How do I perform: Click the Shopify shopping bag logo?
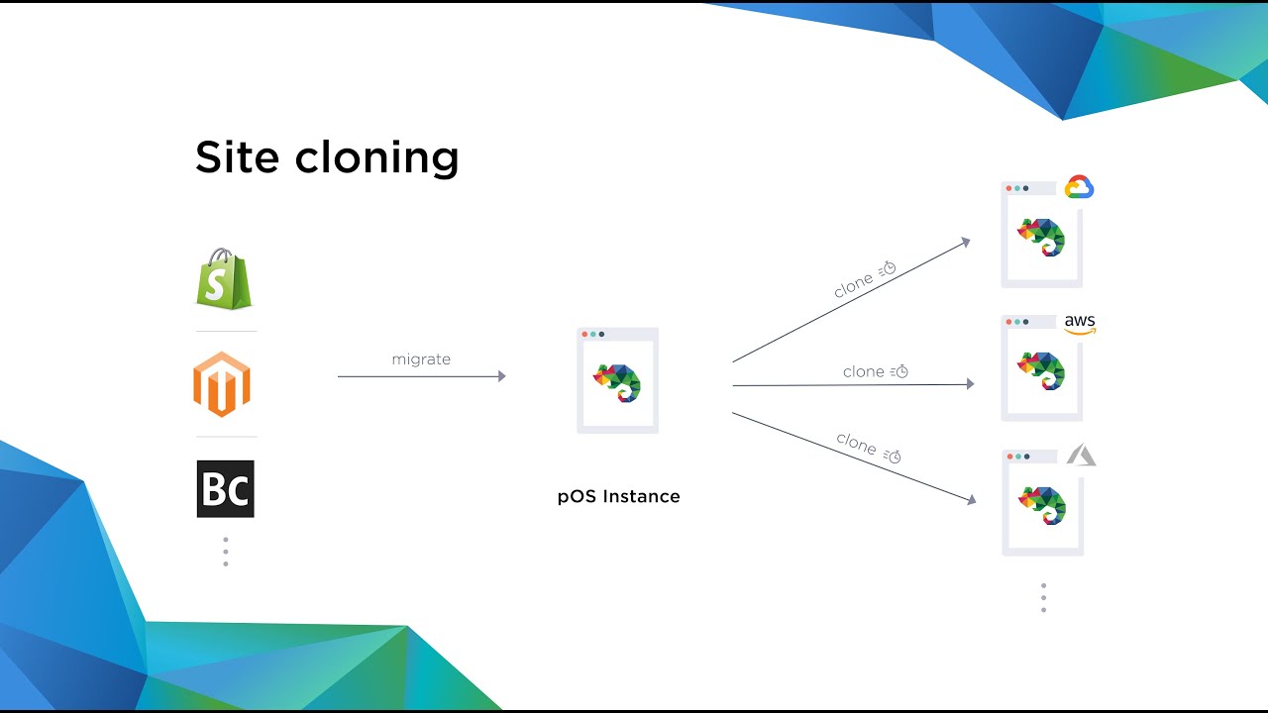(224, 279)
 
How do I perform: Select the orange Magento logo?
(222, 384)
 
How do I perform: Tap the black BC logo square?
(225, 489)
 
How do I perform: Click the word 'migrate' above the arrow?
(421, 359)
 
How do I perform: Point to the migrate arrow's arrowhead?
(501, 376)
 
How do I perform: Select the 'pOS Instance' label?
(618, 496)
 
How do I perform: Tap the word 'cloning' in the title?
(376, 158)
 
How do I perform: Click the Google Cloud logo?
(1079, 187)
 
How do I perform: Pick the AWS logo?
(1080, 324)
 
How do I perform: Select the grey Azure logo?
(1081, 456)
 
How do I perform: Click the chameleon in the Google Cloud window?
(1040, 238)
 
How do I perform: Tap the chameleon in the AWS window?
(1040, 371)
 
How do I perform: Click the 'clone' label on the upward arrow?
(853, 285)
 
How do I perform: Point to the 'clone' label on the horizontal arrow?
(863, 371)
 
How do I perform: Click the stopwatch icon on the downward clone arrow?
(894, 456)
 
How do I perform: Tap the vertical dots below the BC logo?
(226, 552)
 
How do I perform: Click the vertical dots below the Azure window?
(1043, 597)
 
